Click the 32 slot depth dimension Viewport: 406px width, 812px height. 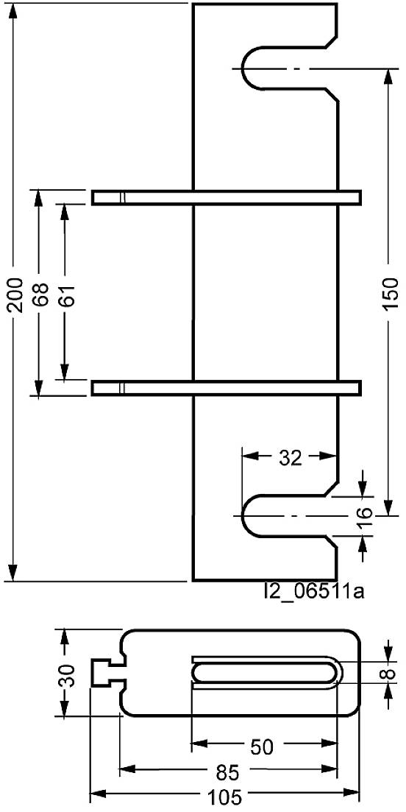click(x=291, y=457)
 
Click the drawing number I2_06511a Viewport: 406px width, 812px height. click(x=315, y=591)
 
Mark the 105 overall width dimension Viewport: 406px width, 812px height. click(x=224, y=797)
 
